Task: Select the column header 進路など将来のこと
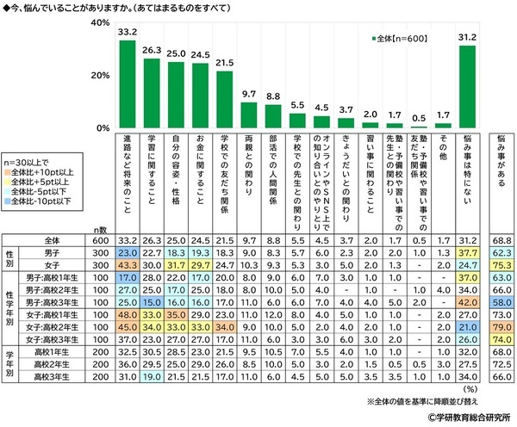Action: pyautogui.click(x=128, y=176)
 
